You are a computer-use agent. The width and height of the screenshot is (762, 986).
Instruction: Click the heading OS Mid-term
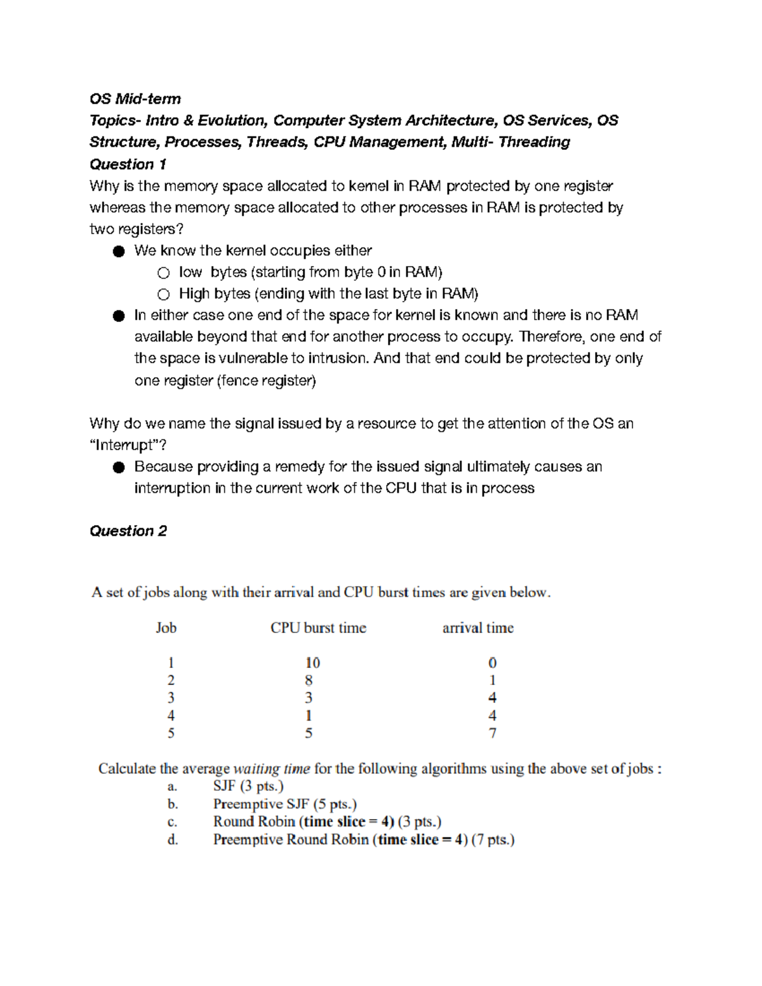(135, 99)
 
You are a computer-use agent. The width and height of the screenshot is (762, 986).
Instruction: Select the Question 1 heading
(128, 164)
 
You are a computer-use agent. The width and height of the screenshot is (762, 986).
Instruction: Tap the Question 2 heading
(128, 531)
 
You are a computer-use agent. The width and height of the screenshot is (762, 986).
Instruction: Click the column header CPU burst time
(318, 628)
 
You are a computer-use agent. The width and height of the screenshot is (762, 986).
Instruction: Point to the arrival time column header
(478, 628)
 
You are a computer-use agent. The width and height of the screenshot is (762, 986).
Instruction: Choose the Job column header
(166, 628)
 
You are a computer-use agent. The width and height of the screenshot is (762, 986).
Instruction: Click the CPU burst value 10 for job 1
(312, 663)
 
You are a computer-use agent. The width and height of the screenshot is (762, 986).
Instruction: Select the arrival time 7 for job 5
(493, 733)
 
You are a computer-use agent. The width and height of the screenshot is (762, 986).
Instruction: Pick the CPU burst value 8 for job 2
(309, 681)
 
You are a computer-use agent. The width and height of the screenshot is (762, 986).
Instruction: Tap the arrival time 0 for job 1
(493, 663)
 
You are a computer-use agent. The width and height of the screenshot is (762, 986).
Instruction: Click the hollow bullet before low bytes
(164, 273)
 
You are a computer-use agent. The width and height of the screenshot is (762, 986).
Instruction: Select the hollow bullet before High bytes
(164, 295)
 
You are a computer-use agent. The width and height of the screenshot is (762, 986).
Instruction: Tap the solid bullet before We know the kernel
(119, 251)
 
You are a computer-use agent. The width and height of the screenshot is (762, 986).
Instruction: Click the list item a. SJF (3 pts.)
(248, 786)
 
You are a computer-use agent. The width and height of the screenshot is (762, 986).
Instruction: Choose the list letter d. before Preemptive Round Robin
(172, 840)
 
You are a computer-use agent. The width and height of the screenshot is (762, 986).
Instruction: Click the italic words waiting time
(272, 769)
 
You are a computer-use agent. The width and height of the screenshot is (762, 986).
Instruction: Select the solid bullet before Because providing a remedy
(119, 468)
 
